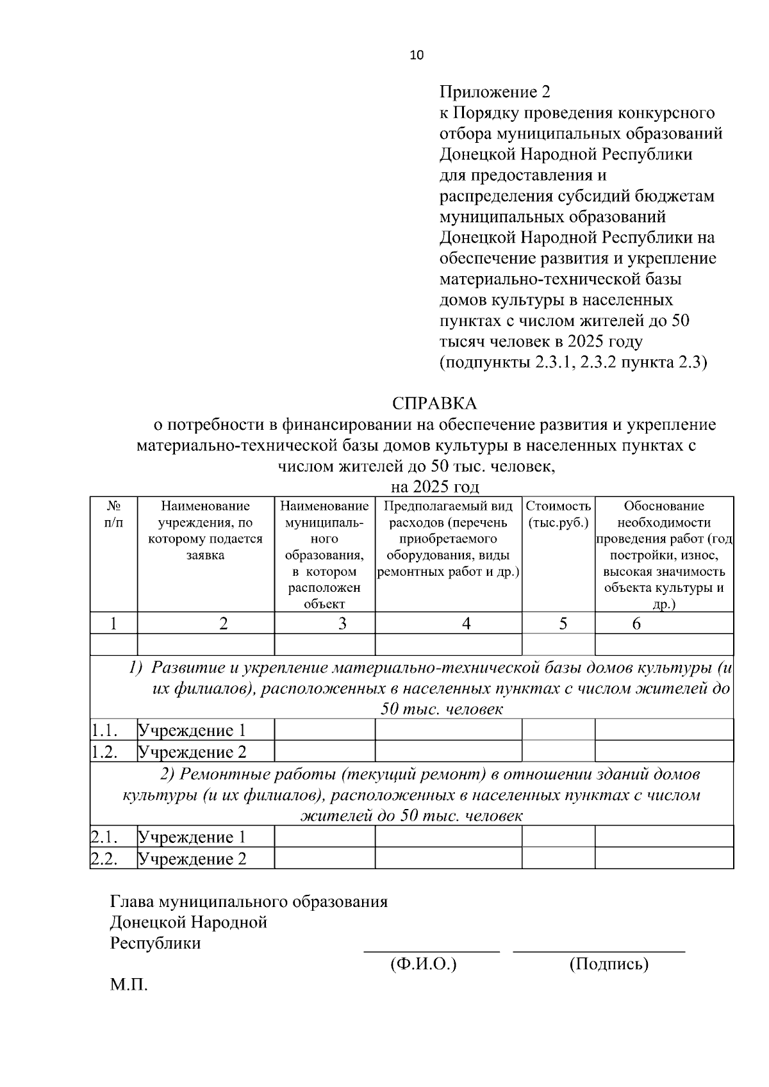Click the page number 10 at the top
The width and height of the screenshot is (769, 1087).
[x=417, y=55]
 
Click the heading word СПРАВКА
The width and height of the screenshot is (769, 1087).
[x=434, y=404]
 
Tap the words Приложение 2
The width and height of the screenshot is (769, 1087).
[x=495, y=92]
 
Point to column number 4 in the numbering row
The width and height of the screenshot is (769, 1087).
[x=467, y=623]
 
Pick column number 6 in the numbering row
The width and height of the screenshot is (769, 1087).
[x=636, y=623]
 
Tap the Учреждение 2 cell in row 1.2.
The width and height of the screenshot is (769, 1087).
[x=192, y=752]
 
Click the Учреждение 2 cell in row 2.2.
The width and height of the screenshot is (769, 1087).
[x=192, y=859]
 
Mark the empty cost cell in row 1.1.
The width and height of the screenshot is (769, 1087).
[x=558, y=730]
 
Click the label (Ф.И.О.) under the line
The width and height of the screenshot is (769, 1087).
[x=423, y=964]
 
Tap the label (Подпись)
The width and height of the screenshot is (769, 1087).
[x=609, y=964]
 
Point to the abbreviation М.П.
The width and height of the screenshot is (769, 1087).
[x=129, y=985]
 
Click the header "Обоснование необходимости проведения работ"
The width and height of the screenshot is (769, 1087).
[x=664, y=523]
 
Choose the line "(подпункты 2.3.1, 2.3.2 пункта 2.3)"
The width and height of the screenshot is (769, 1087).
[x=573, y=363]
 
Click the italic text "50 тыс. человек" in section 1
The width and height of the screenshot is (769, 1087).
[x=442, y=709]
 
